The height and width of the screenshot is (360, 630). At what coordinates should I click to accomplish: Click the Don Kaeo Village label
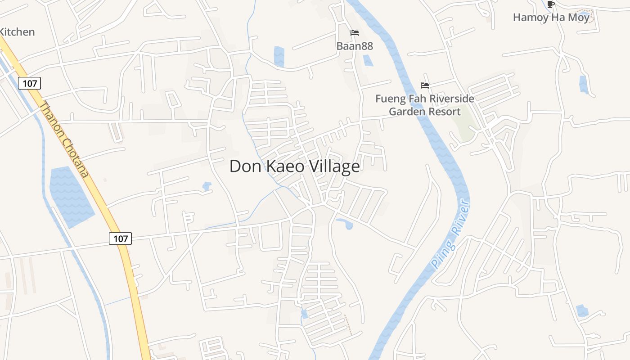(294, 166)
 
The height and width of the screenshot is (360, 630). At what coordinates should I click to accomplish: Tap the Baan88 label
(355, 46)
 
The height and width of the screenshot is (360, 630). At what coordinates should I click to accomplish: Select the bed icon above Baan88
(355, 33)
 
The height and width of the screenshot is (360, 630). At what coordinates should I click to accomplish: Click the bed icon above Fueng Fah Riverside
(425, 85)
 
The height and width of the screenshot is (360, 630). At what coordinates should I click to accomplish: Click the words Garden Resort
(425, 112)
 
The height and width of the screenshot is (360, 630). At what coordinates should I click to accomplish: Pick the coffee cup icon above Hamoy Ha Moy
(550, 4)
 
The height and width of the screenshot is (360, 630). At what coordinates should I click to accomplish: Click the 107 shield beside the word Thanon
(30, 83)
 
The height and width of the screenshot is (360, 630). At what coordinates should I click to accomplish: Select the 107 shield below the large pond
(120, 238)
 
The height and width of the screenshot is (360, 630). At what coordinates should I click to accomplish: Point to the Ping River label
(451, 236)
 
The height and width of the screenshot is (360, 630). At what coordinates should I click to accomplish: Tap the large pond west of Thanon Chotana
(71, 195)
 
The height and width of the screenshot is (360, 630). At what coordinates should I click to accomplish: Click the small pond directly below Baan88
(368, 60)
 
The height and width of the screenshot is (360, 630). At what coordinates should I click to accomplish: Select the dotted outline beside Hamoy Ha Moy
(585, 16)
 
